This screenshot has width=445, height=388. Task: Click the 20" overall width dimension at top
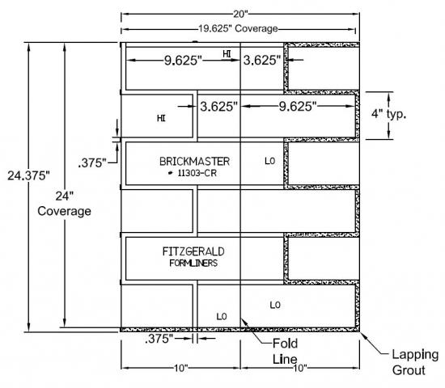click(x=240, y=14)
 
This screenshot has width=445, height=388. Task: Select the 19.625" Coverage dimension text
click(x=238, y=28)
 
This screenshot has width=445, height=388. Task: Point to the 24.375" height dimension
click(x=28, y=175)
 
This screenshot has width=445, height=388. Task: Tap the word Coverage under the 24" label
click(x=64, y=211)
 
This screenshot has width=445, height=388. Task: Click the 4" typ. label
click(x=389, y=114)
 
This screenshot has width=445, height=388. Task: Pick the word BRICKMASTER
click(x=194, y=162)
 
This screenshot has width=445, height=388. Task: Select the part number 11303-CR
click(x=197, y=173)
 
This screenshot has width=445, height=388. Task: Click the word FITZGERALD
click(x=193, y=251)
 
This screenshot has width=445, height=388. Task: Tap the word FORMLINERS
click(x=193, y=264)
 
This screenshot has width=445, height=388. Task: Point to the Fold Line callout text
click(x=285, y=351)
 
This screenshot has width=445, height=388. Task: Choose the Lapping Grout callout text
click(x=415, y=362)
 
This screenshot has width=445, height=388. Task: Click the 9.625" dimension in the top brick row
click(x=183, y=61)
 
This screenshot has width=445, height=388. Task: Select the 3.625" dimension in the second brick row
click(x=218, y=107)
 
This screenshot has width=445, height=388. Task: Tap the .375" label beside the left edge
click(x=92, y=163)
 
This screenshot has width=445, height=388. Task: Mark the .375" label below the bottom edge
click(x=159, y=339)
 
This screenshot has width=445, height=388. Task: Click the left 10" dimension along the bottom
click(x=180, y=368)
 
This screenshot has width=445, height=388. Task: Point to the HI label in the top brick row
click(x=227, y=54)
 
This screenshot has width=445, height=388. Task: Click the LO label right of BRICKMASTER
click(x=270, y=161)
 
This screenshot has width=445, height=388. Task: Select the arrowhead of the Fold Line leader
click(x=244, y=322)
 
